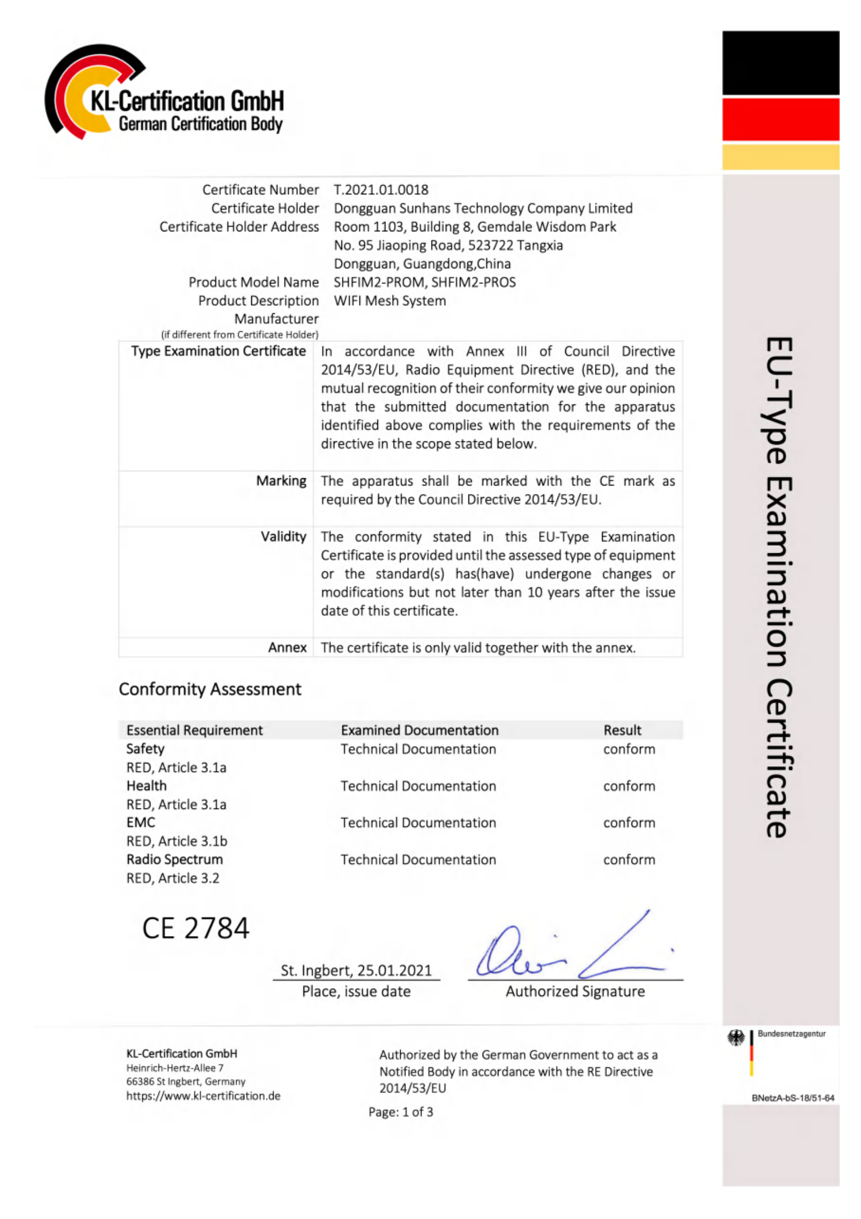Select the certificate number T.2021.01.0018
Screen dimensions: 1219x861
click(381, 190)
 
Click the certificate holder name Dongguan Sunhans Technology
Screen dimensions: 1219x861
click(483, 208)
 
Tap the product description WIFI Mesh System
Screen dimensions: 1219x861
click(389, 300)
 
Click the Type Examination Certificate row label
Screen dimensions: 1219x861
click(218, 351)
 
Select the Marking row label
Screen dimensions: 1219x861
click(281, 481)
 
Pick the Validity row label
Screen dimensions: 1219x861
click(283, 536)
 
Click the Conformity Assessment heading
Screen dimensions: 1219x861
click(210, 689)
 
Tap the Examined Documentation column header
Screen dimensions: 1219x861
click(419, 730)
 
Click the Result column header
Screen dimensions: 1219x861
click(622, 730)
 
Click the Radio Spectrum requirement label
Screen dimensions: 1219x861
click(174, 859)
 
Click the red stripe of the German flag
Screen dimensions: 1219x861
click(780, 119)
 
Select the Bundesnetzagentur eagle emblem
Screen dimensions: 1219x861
click(736, 1038)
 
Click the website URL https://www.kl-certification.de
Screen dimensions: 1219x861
click(203, 1096)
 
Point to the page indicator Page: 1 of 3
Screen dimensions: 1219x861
click(400, 1111)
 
